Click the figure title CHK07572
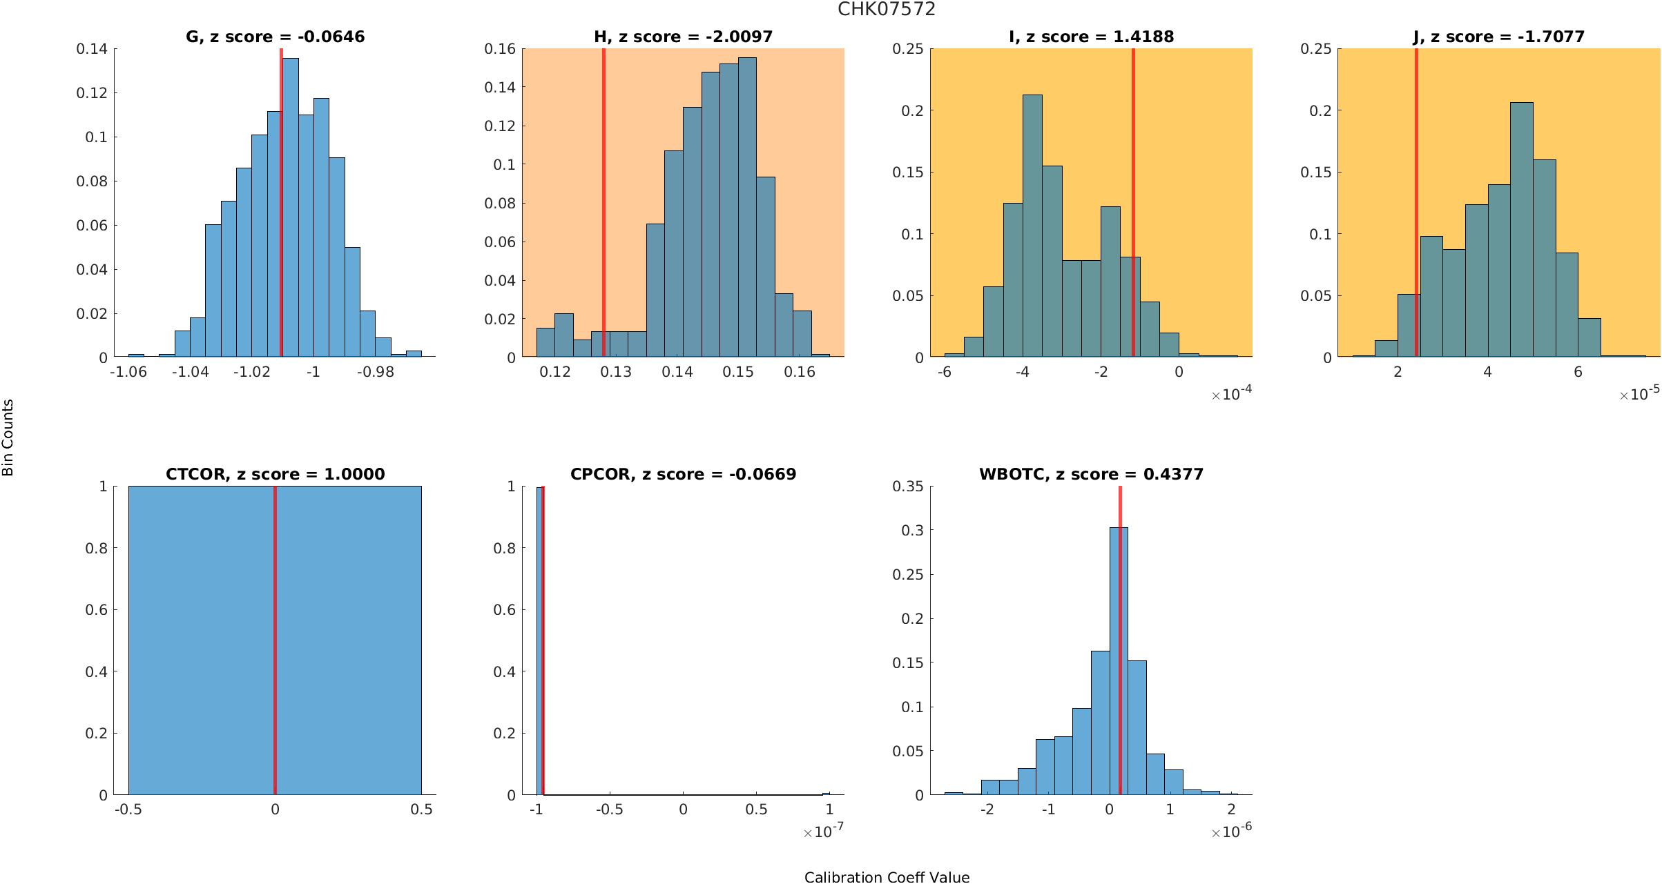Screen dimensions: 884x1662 coord(886,9)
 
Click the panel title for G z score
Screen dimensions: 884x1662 coord(275,37)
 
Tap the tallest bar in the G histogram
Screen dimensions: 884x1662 coord(291,207)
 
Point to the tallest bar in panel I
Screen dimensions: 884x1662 coord(1032,228)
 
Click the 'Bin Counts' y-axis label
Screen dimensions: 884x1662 coord(8,438)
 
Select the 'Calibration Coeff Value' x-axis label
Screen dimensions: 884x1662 coord(887,877)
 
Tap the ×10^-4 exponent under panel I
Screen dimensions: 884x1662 coord(1231,394)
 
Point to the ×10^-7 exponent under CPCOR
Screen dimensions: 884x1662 coord(823,832)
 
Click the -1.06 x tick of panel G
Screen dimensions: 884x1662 coord(128,372)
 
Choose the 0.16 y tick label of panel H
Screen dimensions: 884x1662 coord(500,48)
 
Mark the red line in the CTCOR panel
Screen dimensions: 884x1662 coord(275,642)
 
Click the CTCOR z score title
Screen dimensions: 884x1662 coord(275,474)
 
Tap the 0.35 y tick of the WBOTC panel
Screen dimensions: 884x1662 coord(907,486)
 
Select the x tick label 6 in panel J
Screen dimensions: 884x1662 coord(1578,372)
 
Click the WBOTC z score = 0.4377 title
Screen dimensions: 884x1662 coord(1091,474)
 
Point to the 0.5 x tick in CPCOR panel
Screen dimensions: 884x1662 coord(756,809)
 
